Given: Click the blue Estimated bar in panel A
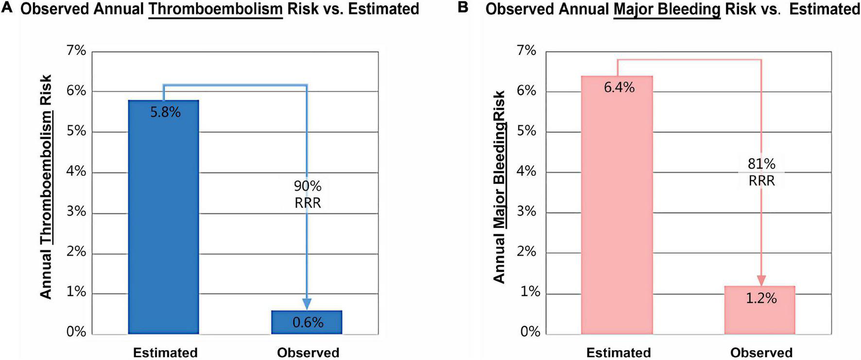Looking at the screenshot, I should coord(164,219).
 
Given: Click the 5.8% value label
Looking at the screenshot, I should coord(165,112).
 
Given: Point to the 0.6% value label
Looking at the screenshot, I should coord(308,323).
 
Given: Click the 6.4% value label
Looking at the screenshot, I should coord(619,87).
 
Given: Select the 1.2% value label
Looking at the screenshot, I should coord(761,298).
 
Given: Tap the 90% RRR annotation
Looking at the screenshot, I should coord(308,194).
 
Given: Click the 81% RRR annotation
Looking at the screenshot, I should coord(761,172).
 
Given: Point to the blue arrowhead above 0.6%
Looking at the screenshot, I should coord(307,304).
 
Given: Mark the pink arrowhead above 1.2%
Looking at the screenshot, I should coord(761,280).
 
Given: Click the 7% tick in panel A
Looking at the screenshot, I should coord(76,51).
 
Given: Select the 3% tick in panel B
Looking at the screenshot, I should coord(527,211).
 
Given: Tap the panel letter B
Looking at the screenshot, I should coord(463,7).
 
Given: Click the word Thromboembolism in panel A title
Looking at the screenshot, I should coord(215,9).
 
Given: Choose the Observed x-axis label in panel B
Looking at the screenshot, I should coord(761,352).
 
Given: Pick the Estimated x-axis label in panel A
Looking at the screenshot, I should coord(165,352).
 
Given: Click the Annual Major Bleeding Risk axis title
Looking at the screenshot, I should coord(499,187).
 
